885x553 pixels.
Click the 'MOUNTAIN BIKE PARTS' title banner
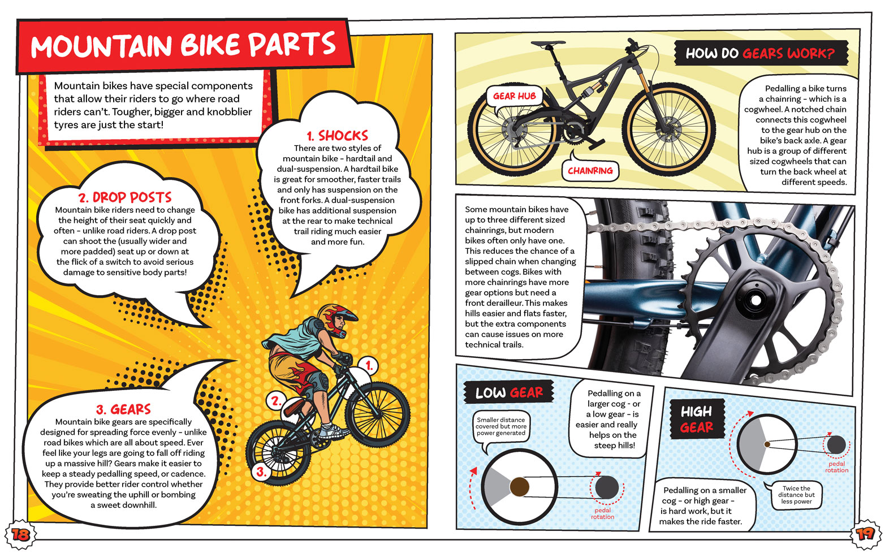click(x=184, y=46)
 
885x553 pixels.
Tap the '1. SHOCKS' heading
click(x=338, y=136)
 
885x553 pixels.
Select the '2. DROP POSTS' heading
click(x=125, y=197)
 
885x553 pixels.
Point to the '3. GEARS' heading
click(x=123, y=409)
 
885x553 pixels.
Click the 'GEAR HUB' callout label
click(x=515, y=96)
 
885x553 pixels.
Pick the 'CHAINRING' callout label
click(x=590, y=171)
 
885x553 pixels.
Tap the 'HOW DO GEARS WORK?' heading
click(x=761, y=53)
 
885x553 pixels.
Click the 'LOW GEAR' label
click(x=509, y=392)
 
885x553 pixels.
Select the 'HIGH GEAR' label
click(x=697, y=419)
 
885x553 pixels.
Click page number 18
click(x=20, y=535)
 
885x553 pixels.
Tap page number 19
click(x=865, y=534)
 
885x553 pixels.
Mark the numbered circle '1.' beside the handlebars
click(x=368, y=366)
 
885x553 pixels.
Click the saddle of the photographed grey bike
click(x=548, y=44)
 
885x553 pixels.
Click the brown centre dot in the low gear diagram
click(x=519, y=487)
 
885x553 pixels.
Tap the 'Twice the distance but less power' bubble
click(x=796, y=495)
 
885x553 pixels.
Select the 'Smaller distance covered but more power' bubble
click(x=501, y=426)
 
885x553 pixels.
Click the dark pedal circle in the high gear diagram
click(x=836, y=445)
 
